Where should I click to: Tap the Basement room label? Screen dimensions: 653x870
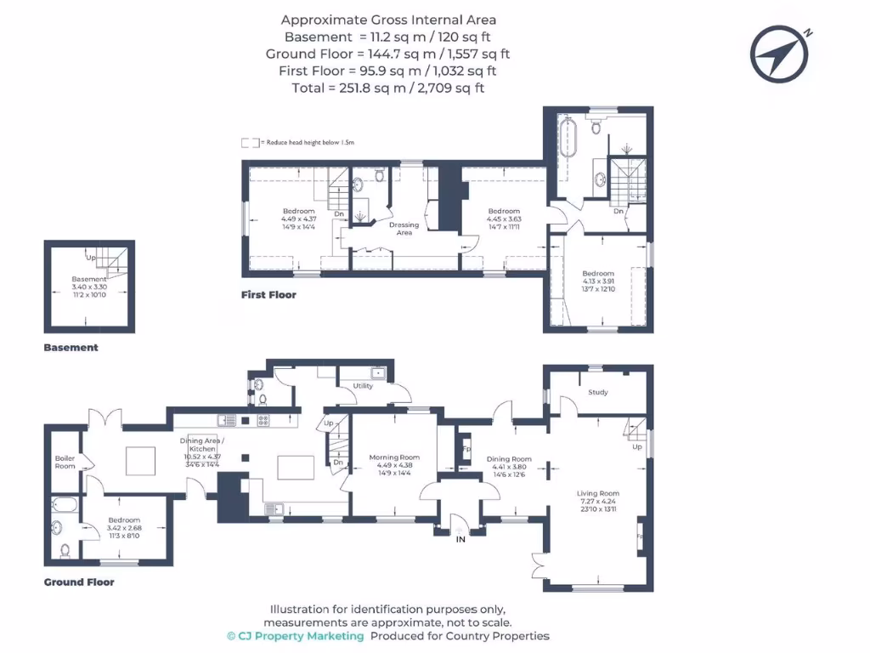(89, 279)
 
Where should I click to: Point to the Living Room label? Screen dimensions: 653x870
(598, 493)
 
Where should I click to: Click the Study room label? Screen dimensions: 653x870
(598, 392)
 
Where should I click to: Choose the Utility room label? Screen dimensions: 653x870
(363, 386)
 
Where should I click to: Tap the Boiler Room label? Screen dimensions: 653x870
(65, 462)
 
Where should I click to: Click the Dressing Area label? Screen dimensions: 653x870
(404, 229)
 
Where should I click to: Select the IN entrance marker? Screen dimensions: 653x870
(460, 539)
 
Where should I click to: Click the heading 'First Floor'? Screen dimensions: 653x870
(268, 295)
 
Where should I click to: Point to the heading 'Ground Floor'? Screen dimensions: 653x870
(79, 582)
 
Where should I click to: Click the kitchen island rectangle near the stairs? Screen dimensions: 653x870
(296, 468)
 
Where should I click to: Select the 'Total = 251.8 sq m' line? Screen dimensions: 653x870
(388, 88)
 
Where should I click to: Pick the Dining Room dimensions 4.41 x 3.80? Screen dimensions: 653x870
(509, 467)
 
